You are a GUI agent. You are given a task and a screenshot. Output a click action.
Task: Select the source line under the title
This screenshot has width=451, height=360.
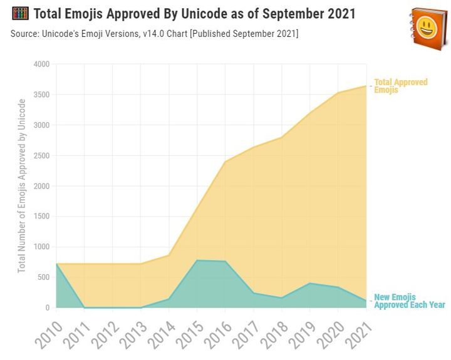click(155, 33)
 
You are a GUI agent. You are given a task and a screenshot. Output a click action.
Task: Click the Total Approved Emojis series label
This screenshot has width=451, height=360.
click(401, 86)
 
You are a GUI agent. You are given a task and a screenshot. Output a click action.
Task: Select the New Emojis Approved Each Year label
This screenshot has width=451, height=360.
click(409, 301)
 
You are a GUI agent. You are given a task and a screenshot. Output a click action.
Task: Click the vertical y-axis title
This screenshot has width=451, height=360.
click(22, 185)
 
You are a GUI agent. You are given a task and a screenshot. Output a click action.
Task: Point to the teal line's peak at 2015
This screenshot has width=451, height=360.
click(197, 260)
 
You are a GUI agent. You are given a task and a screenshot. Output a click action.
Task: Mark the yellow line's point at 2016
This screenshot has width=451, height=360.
click(225, 162)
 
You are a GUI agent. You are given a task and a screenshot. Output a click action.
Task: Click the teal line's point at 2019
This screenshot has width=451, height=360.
click(310, 283)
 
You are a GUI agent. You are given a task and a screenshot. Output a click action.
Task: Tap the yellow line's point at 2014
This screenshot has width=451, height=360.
click(169, 255)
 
